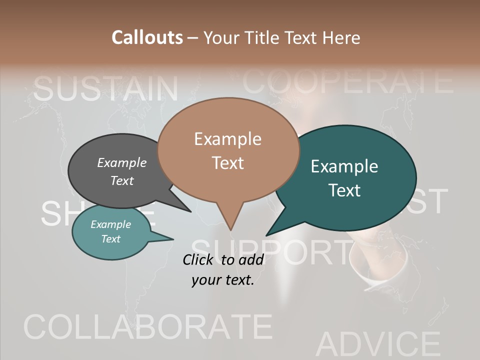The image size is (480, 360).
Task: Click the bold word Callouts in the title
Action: (147, 37)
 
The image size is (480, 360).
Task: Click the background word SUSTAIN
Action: (106, 88)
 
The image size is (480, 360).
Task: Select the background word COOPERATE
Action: (347, 81)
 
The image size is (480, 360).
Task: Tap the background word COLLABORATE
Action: (148, 327)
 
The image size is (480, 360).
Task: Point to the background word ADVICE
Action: (378, 344)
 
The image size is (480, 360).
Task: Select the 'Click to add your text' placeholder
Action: (223, 270)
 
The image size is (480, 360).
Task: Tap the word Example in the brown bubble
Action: (227, 139)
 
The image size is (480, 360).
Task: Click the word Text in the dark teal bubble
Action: (344, 190)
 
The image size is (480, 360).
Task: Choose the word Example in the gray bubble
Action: (122, 162)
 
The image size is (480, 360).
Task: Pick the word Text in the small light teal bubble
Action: (111, 239)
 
